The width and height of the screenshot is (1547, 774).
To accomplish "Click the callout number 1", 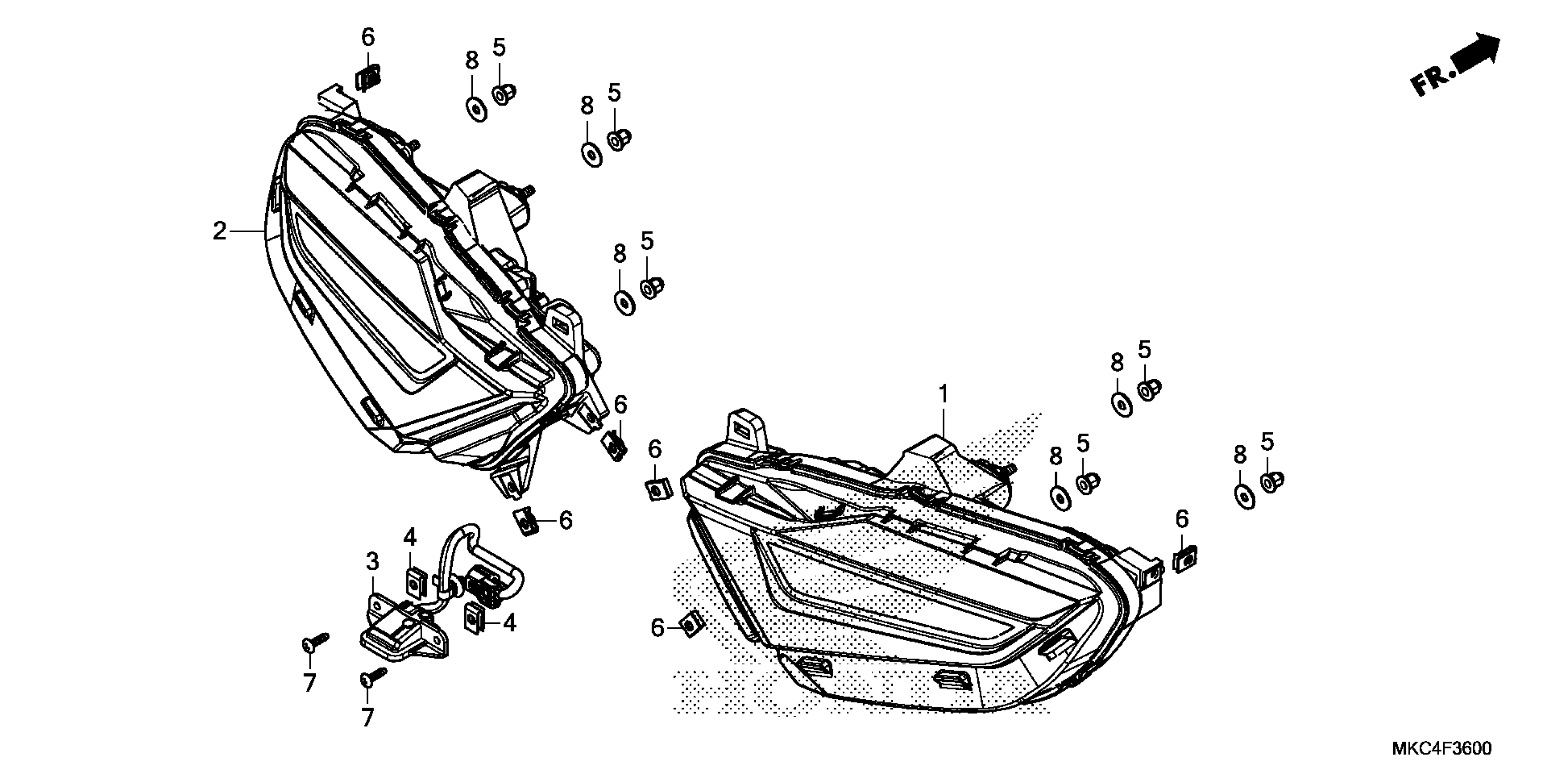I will (944, 395).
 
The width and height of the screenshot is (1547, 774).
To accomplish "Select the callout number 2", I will (220, 231).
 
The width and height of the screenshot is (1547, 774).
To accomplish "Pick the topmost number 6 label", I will (368, 37).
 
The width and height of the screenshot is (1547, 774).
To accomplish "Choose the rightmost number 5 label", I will (1267, 442).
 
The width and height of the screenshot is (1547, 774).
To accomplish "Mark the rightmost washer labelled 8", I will (1244, 496).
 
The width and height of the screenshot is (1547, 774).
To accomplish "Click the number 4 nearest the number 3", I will (410, 537).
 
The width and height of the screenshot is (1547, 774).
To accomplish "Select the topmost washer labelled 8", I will (477, 109).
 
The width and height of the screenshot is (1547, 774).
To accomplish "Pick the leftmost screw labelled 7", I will (312, 642).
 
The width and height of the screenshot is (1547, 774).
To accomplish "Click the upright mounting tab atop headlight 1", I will (747, 428).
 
